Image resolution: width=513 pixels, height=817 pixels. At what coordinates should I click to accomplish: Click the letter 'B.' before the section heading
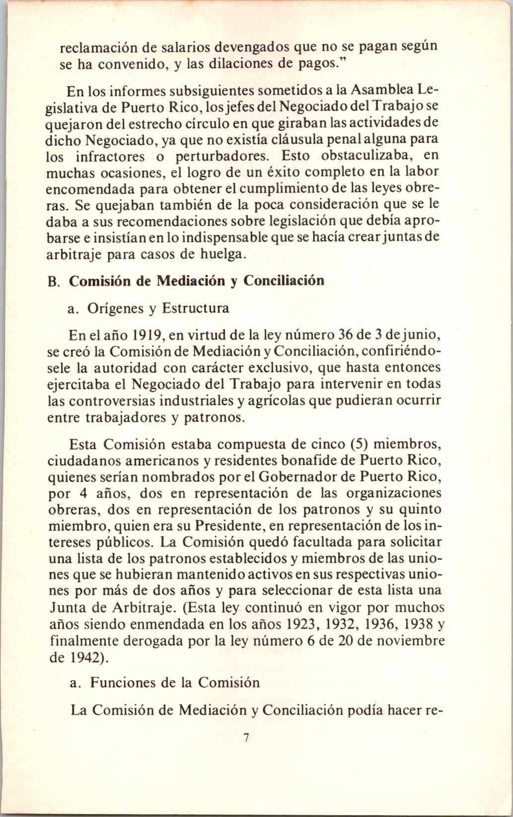tap(55, 281)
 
